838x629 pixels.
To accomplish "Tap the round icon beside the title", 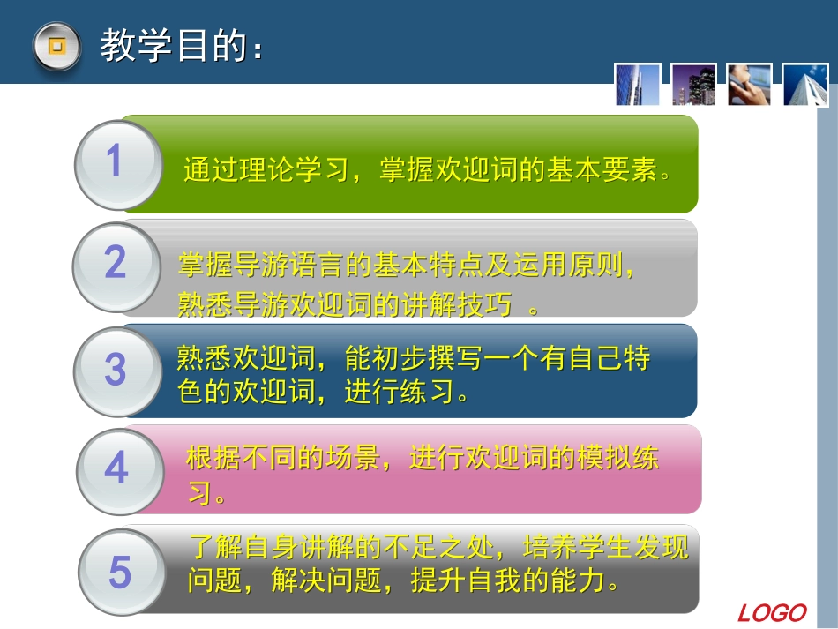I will point(56,45).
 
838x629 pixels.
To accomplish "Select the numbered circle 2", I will point(116,265).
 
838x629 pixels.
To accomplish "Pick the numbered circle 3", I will point(116,371).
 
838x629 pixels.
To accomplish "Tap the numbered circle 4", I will point(116,469).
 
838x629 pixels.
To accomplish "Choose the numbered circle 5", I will point(120,573).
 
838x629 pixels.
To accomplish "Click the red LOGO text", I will point(773,612).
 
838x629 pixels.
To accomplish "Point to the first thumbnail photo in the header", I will point(638,85).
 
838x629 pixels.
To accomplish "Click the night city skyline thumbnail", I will point(693,85).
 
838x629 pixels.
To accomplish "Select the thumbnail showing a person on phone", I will point(749,85).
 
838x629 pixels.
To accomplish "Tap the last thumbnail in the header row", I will point(804,85).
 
